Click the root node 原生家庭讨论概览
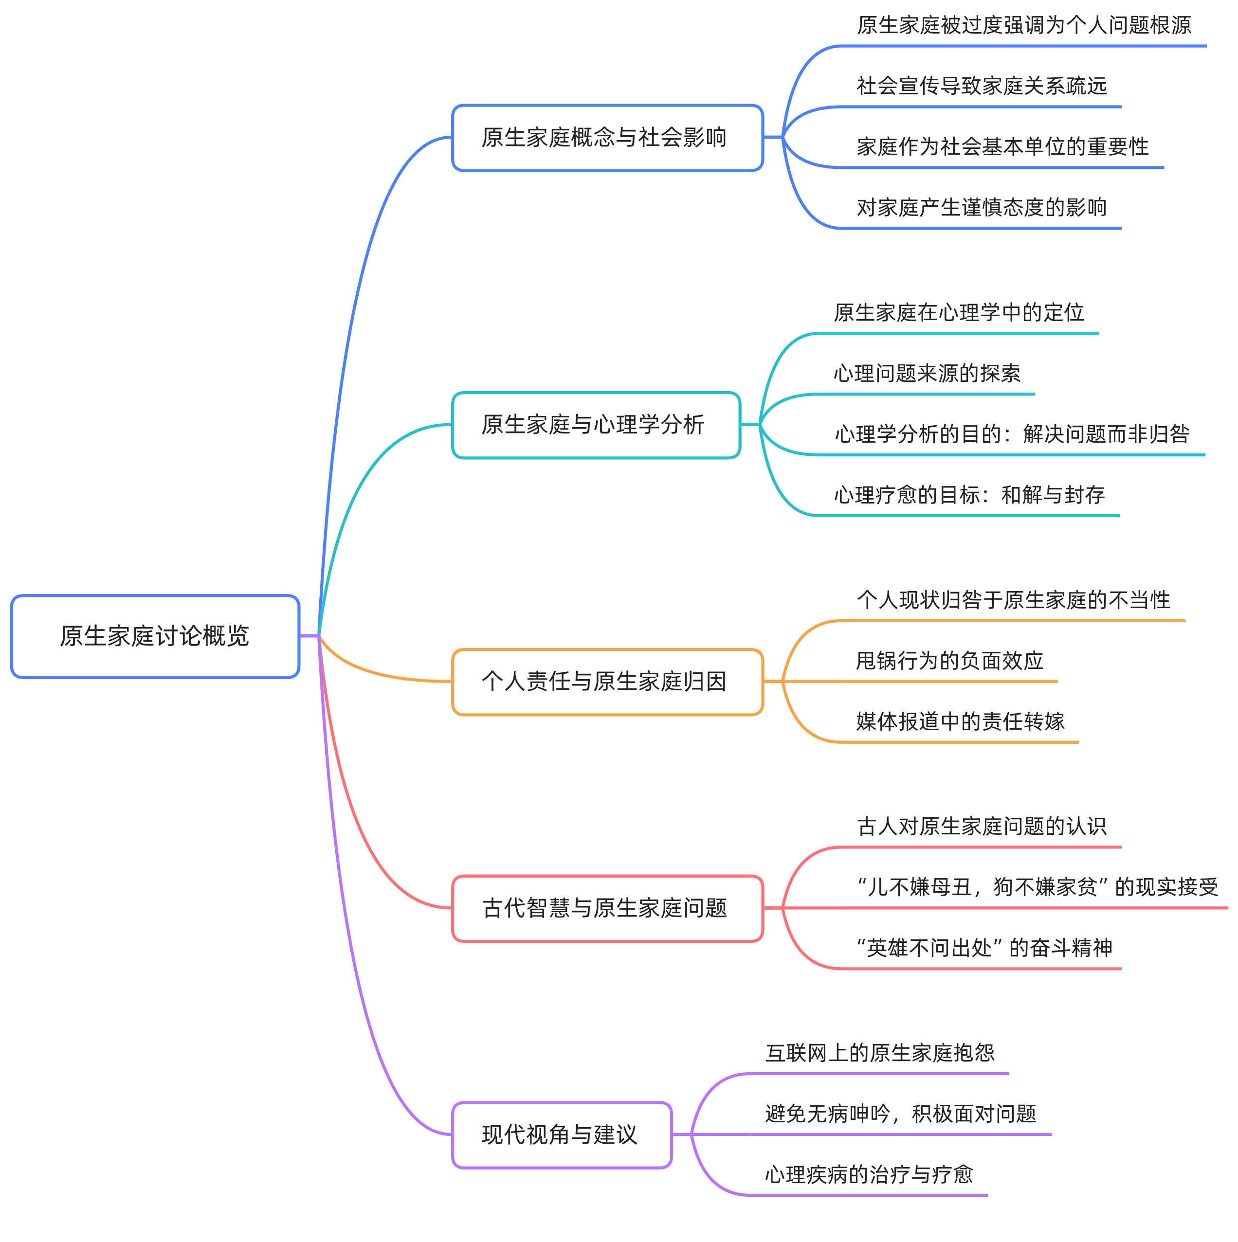pos(155,636)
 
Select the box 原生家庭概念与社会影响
pos(607,138)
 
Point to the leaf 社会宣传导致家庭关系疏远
pos(982,86)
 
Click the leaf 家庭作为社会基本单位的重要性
pos(1002,146)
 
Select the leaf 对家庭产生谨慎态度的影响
pos(982,208)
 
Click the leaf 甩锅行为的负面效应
pos(949,661)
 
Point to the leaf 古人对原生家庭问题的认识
pos(982,826)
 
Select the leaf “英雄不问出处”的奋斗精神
pos(984,948)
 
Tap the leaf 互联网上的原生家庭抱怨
pos(880,1053)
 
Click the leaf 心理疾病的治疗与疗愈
pos(869,1174)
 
